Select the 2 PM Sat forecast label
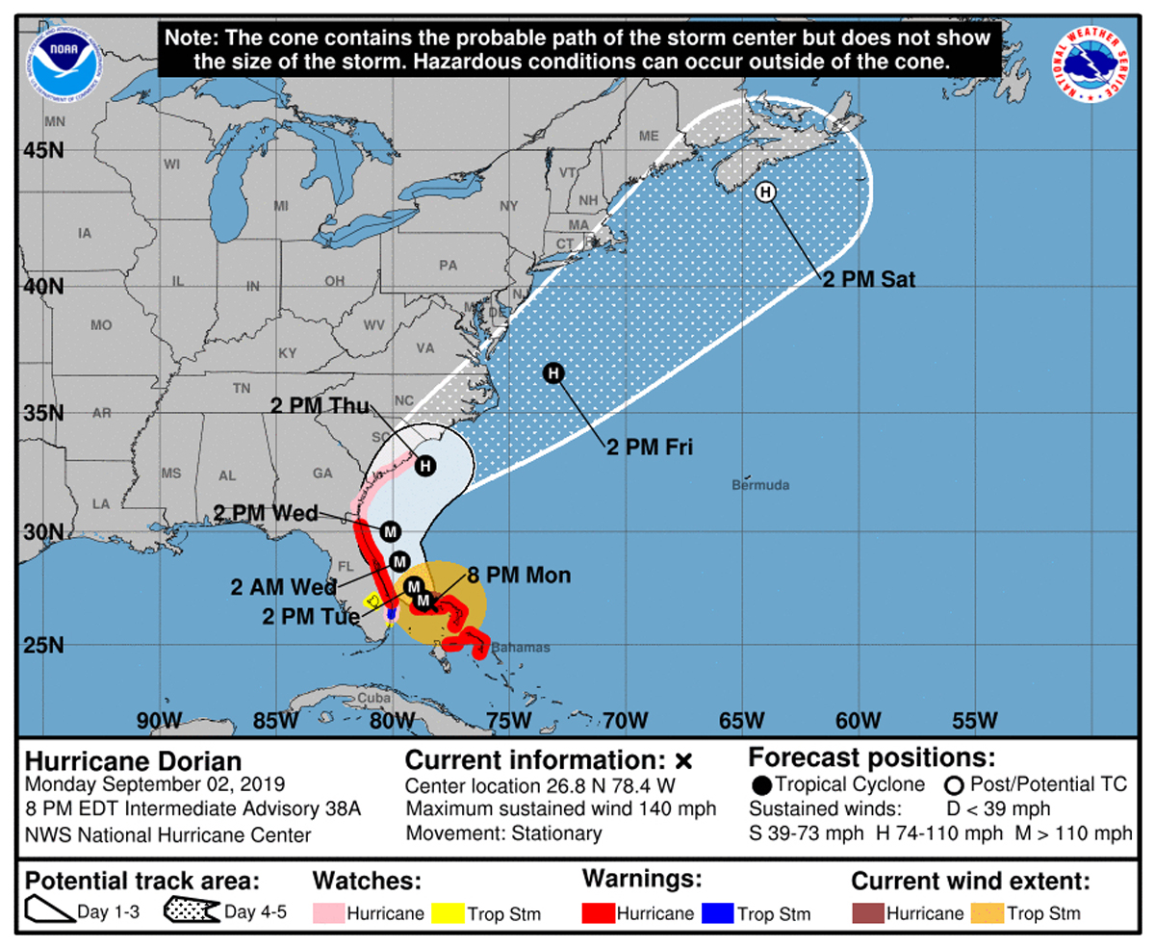pyautogui.click(x=868, y=281)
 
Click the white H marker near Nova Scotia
pyautogui.click(x=765, y=192)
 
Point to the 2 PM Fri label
pyautogui.click(x=650, y=447)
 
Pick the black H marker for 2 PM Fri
pyautogui.click(x=552, y=372)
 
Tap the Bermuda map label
pyautogui.click(x=760, y=483)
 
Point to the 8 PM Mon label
pyautogui.click(x=520, y=576)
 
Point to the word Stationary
pyautogui.click(x=558, y=833)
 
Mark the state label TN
pyautogui.click(x=241, y=388)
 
